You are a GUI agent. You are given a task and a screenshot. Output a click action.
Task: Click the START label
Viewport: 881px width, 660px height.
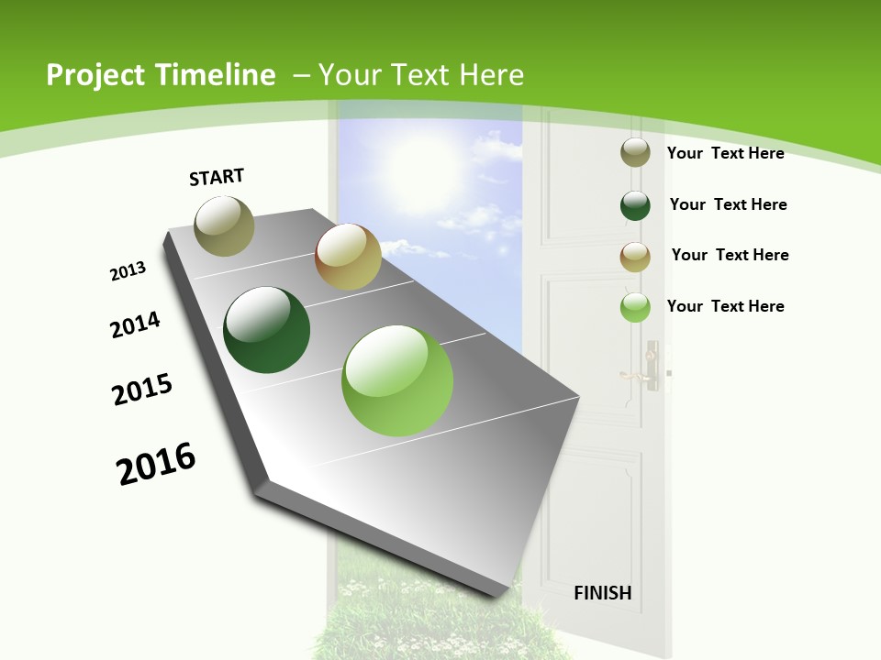tap(217, 176)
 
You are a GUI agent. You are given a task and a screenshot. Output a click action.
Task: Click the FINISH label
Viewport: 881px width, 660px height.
tap(603, 593)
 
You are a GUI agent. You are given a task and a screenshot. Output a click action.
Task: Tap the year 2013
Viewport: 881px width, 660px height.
tap(128, 271)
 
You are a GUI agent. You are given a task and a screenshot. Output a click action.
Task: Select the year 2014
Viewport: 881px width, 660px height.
tap(135, 324)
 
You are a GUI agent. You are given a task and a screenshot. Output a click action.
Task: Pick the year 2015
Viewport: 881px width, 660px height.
tap(142, 390)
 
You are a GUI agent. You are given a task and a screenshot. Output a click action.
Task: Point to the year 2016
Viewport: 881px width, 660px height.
tap(156, 464)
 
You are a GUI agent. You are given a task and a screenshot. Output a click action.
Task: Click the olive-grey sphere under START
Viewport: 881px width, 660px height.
tap(224, 225)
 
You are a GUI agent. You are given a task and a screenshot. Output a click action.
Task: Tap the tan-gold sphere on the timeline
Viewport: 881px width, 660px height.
tap(348, 257)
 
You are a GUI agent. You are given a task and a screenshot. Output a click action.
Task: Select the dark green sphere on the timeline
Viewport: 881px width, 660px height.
tap(267, 330)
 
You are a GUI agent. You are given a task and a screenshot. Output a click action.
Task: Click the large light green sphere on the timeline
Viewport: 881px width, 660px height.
tap(397, 380)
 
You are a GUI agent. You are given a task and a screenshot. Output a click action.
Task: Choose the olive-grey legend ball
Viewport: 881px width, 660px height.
tap(635, 152)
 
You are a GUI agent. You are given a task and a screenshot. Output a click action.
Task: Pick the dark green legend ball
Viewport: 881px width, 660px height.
tap(635, 204)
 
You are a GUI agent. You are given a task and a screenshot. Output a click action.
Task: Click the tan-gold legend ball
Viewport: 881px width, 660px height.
tap(635, 257)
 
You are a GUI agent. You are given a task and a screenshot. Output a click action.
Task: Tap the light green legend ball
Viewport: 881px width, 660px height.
tap(635, 307)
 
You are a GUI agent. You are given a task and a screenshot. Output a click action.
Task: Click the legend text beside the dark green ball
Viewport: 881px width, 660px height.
tap(728, 204)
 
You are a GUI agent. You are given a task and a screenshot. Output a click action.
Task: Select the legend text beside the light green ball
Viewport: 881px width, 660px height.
tap(725, 306)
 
